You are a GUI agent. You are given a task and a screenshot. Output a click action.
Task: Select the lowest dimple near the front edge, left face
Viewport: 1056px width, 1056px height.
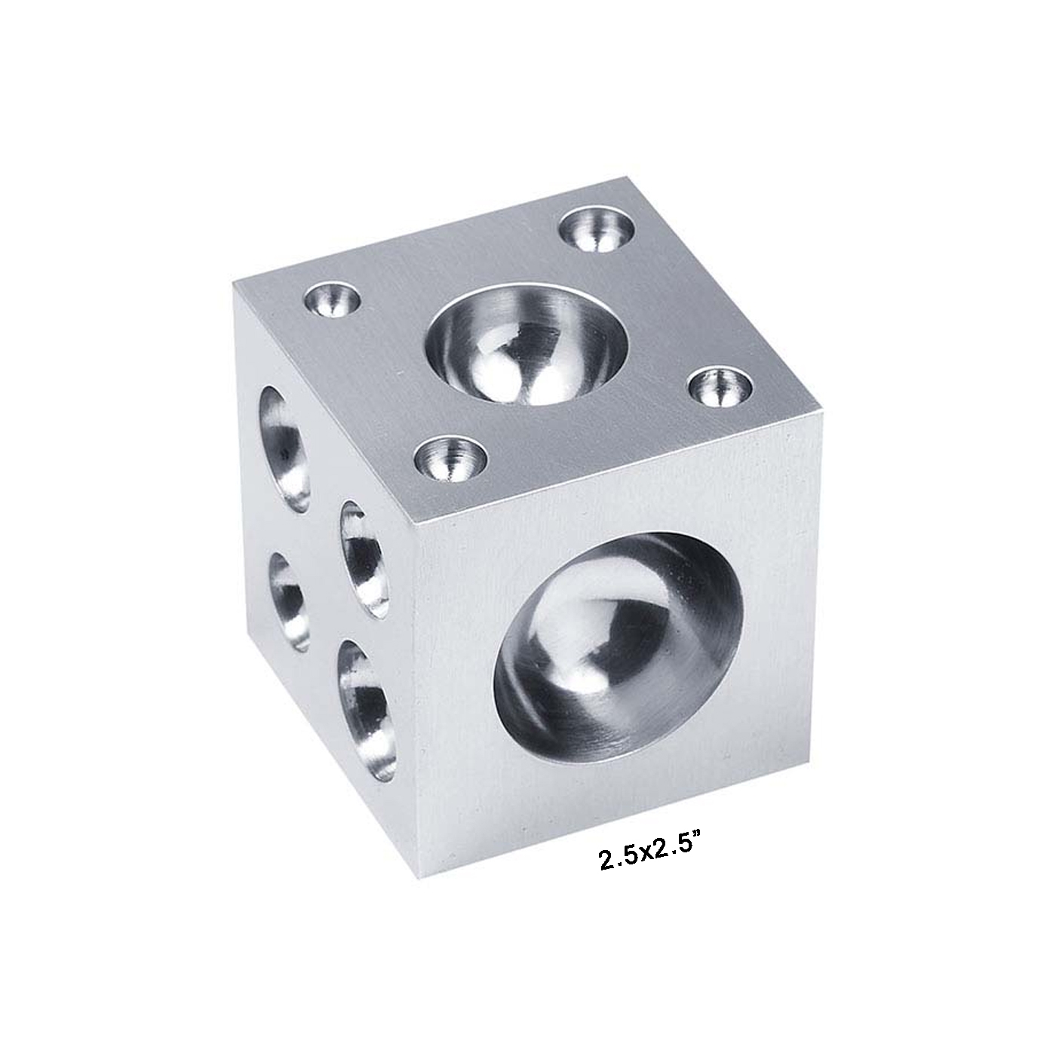click(x=367, y=709)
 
